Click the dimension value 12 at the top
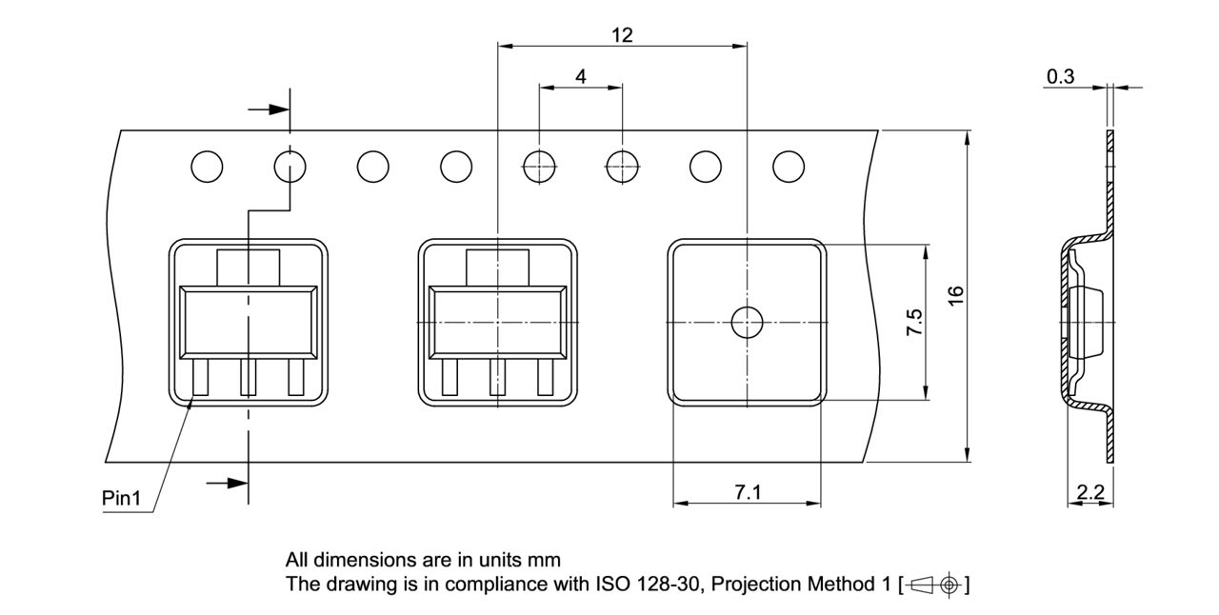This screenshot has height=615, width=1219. pyautogui.click(x=622, y=35)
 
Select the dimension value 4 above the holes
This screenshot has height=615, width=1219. pyautogui.click(x=581, y=76)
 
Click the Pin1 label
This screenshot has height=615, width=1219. pyautogui.click(x=121, y=498)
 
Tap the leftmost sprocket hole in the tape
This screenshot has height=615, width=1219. pyautogui.click(x=207, y=167)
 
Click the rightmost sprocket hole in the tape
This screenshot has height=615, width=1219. pyautogui.click(x=788, y=167)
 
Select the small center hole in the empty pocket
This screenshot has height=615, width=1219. pyautogui.click(x=747, y=323)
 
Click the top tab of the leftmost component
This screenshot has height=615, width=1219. pyautogui.click(x=249, y=267)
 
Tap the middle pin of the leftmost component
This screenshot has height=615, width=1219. pyautogui.click(x=249, y=376)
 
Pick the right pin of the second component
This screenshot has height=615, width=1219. pyautogui.click(x=546, y=376)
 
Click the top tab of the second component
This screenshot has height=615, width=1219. pyautogui.click(x=497, y=267)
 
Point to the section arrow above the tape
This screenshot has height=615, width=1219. pyautogui.click(x=270, y=109)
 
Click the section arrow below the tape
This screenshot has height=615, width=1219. pyautogui.click(x=227, y=484)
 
